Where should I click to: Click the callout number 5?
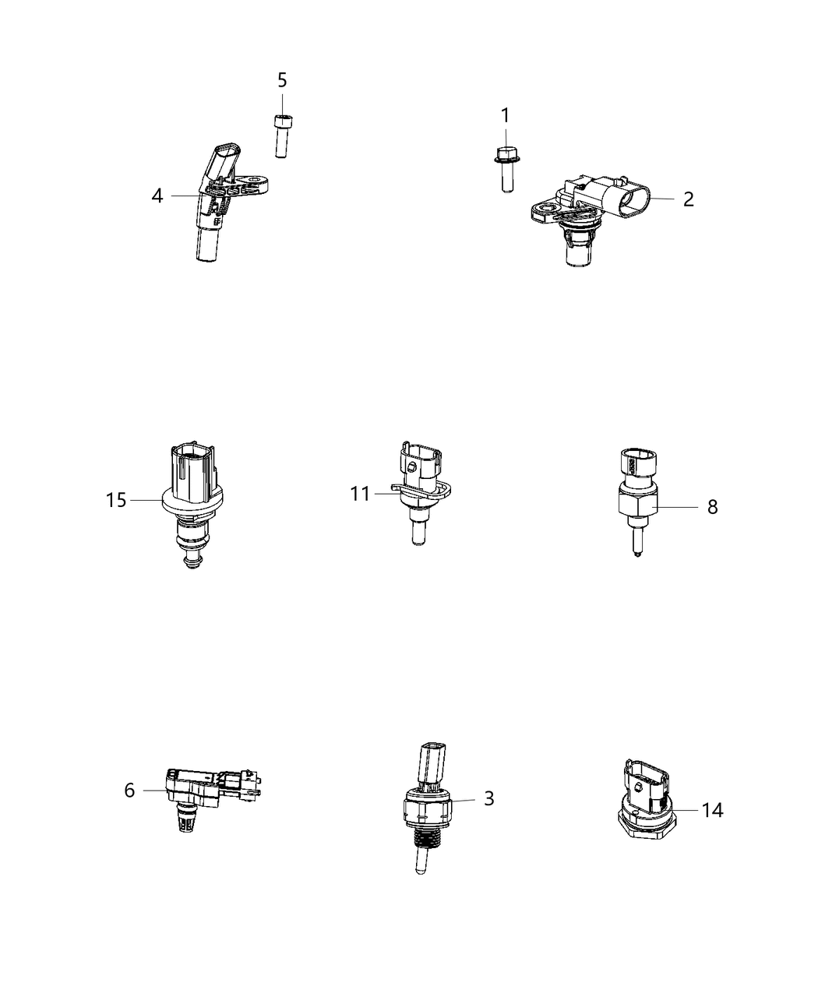(x=282, y=80)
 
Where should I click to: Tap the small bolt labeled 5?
(x=281, y=136)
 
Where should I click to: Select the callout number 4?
(x=157, y=196)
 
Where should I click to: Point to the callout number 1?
(x=505, y=116)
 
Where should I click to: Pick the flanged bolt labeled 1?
(x=506, y=168)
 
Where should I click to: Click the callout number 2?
(x=688, y=199)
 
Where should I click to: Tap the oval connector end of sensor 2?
(x=629, y=199)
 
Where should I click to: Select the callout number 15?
(x=116, y=500)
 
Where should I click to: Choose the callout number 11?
(x=360, y=494)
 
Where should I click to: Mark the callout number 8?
(x=712, y=507)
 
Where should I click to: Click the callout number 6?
(x=129, y=791)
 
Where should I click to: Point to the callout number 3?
(x=488, y=799)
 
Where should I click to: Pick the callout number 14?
(x=712, y=811)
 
